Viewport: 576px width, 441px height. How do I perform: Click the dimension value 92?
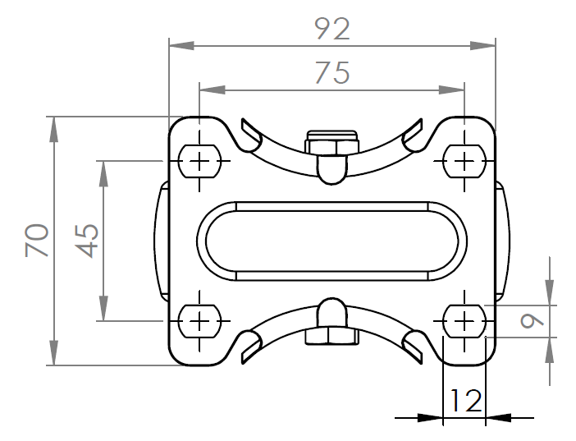[x=332, y=29]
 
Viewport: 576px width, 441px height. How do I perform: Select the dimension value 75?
[x=332, y=72]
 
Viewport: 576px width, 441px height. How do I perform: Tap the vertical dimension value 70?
[x=37, y=241]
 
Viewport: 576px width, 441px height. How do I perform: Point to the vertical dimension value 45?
[x=87, y=241]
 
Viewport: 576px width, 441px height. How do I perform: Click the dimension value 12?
[x=465, y=401]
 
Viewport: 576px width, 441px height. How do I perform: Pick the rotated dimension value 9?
[x=532, y=321]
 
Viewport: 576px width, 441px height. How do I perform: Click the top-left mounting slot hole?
[x=199, y=161]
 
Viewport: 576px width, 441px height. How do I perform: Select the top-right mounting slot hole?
[x=464, y=161]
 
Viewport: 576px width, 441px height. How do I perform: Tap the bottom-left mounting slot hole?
[x=199, y=321]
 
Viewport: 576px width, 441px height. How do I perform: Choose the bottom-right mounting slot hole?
[x=464, y=321]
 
